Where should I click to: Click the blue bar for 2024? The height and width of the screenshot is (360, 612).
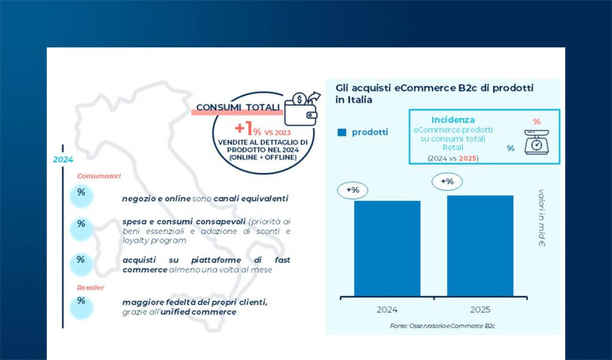click(387, 248)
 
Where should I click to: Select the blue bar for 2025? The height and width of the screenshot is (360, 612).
click(480, 245)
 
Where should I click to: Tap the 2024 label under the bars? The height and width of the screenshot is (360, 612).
click(387, 310)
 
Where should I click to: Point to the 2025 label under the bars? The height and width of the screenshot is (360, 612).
click(480, 310)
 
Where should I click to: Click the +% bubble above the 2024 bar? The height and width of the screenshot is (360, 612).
click(353, 190)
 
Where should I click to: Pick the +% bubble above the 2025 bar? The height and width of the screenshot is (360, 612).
click(446, 181)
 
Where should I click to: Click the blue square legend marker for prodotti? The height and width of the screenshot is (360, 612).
click(342, 132)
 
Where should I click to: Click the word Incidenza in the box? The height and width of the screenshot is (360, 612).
click(453, 120)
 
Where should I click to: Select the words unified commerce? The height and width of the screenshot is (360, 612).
click(206, 312)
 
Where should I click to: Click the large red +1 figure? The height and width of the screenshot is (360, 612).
click(241, 127)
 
